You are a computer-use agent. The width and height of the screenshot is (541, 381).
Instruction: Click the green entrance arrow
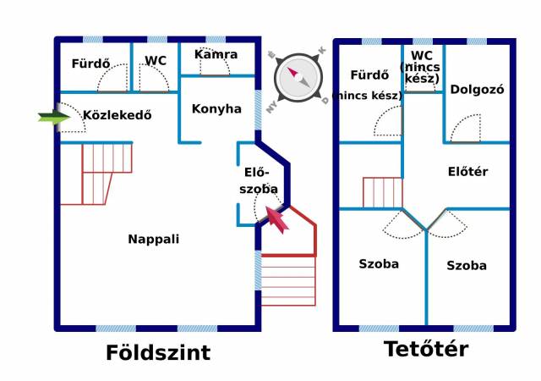(x=54, y=117)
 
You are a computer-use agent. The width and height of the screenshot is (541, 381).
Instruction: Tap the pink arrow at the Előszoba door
(x=277, y=219)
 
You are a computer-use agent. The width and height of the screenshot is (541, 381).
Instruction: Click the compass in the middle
(x=298, y=78)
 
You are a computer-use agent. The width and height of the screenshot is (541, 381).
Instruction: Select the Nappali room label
(x=154, y=240)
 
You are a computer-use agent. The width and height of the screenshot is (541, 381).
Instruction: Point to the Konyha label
(x=216, y=109)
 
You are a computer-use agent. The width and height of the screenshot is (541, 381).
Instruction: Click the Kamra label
(x=216, y=54)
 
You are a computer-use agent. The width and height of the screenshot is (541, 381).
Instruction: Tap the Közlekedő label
(x=117, y=115)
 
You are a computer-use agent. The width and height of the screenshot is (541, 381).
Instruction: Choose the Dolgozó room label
(x=477, y=90)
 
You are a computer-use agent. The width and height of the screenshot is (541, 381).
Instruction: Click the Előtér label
(x=467, y=172)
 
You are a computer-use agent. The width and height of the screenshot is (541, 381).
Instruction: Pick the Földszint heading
(x=158, y=353)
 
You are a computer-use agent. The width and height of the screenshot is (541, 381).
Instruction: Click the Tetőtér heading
(x=426, y=349)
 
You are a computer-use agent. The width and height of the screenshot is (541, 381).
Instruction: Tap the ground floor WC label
(x=156, y=61)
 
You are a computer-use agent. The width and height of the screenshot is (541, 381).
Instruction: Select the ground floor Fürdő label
(x=90, y=63)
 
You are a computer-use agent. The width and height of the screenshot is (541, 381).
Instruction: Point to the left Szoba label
(x=379, y=264)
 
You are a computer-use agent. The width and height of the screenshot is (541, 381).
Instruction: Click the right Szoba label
(x=467, y=266)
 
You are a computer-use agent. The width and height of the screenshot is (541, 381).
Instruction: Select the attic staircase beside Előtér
(x=383, y=192)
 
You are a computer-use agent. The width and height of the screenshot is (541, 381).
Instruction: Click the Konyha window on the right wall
(x=258, y=110)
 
